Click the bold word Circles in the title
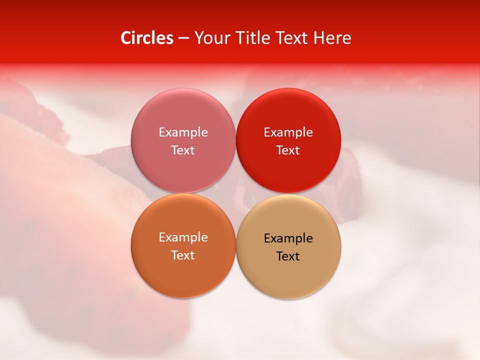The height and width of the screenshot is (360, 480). coord(147,38)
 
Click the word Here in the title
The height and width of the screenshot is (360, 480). coord(332,38)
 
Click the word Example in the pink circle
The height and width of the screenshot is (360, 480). coord(183,132)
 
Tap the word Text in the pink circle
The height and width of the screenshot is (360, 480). coord(183,150)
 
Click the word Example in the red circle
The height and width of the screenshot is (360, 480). coord(288,132)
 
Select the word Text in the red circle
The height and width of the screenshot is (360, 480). coord(288,150)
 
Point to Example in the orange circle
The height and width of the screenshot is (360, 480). coord(183,237)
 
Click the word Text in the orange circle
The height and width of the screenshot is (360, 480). coord(183,255)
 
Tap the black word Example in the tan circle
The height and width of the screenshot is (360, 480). coord(288,238)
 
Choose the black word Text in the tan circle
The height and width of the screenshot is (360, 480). coord(288,256)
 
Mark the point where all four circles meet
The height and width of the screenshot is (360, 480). coord(235,193)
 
